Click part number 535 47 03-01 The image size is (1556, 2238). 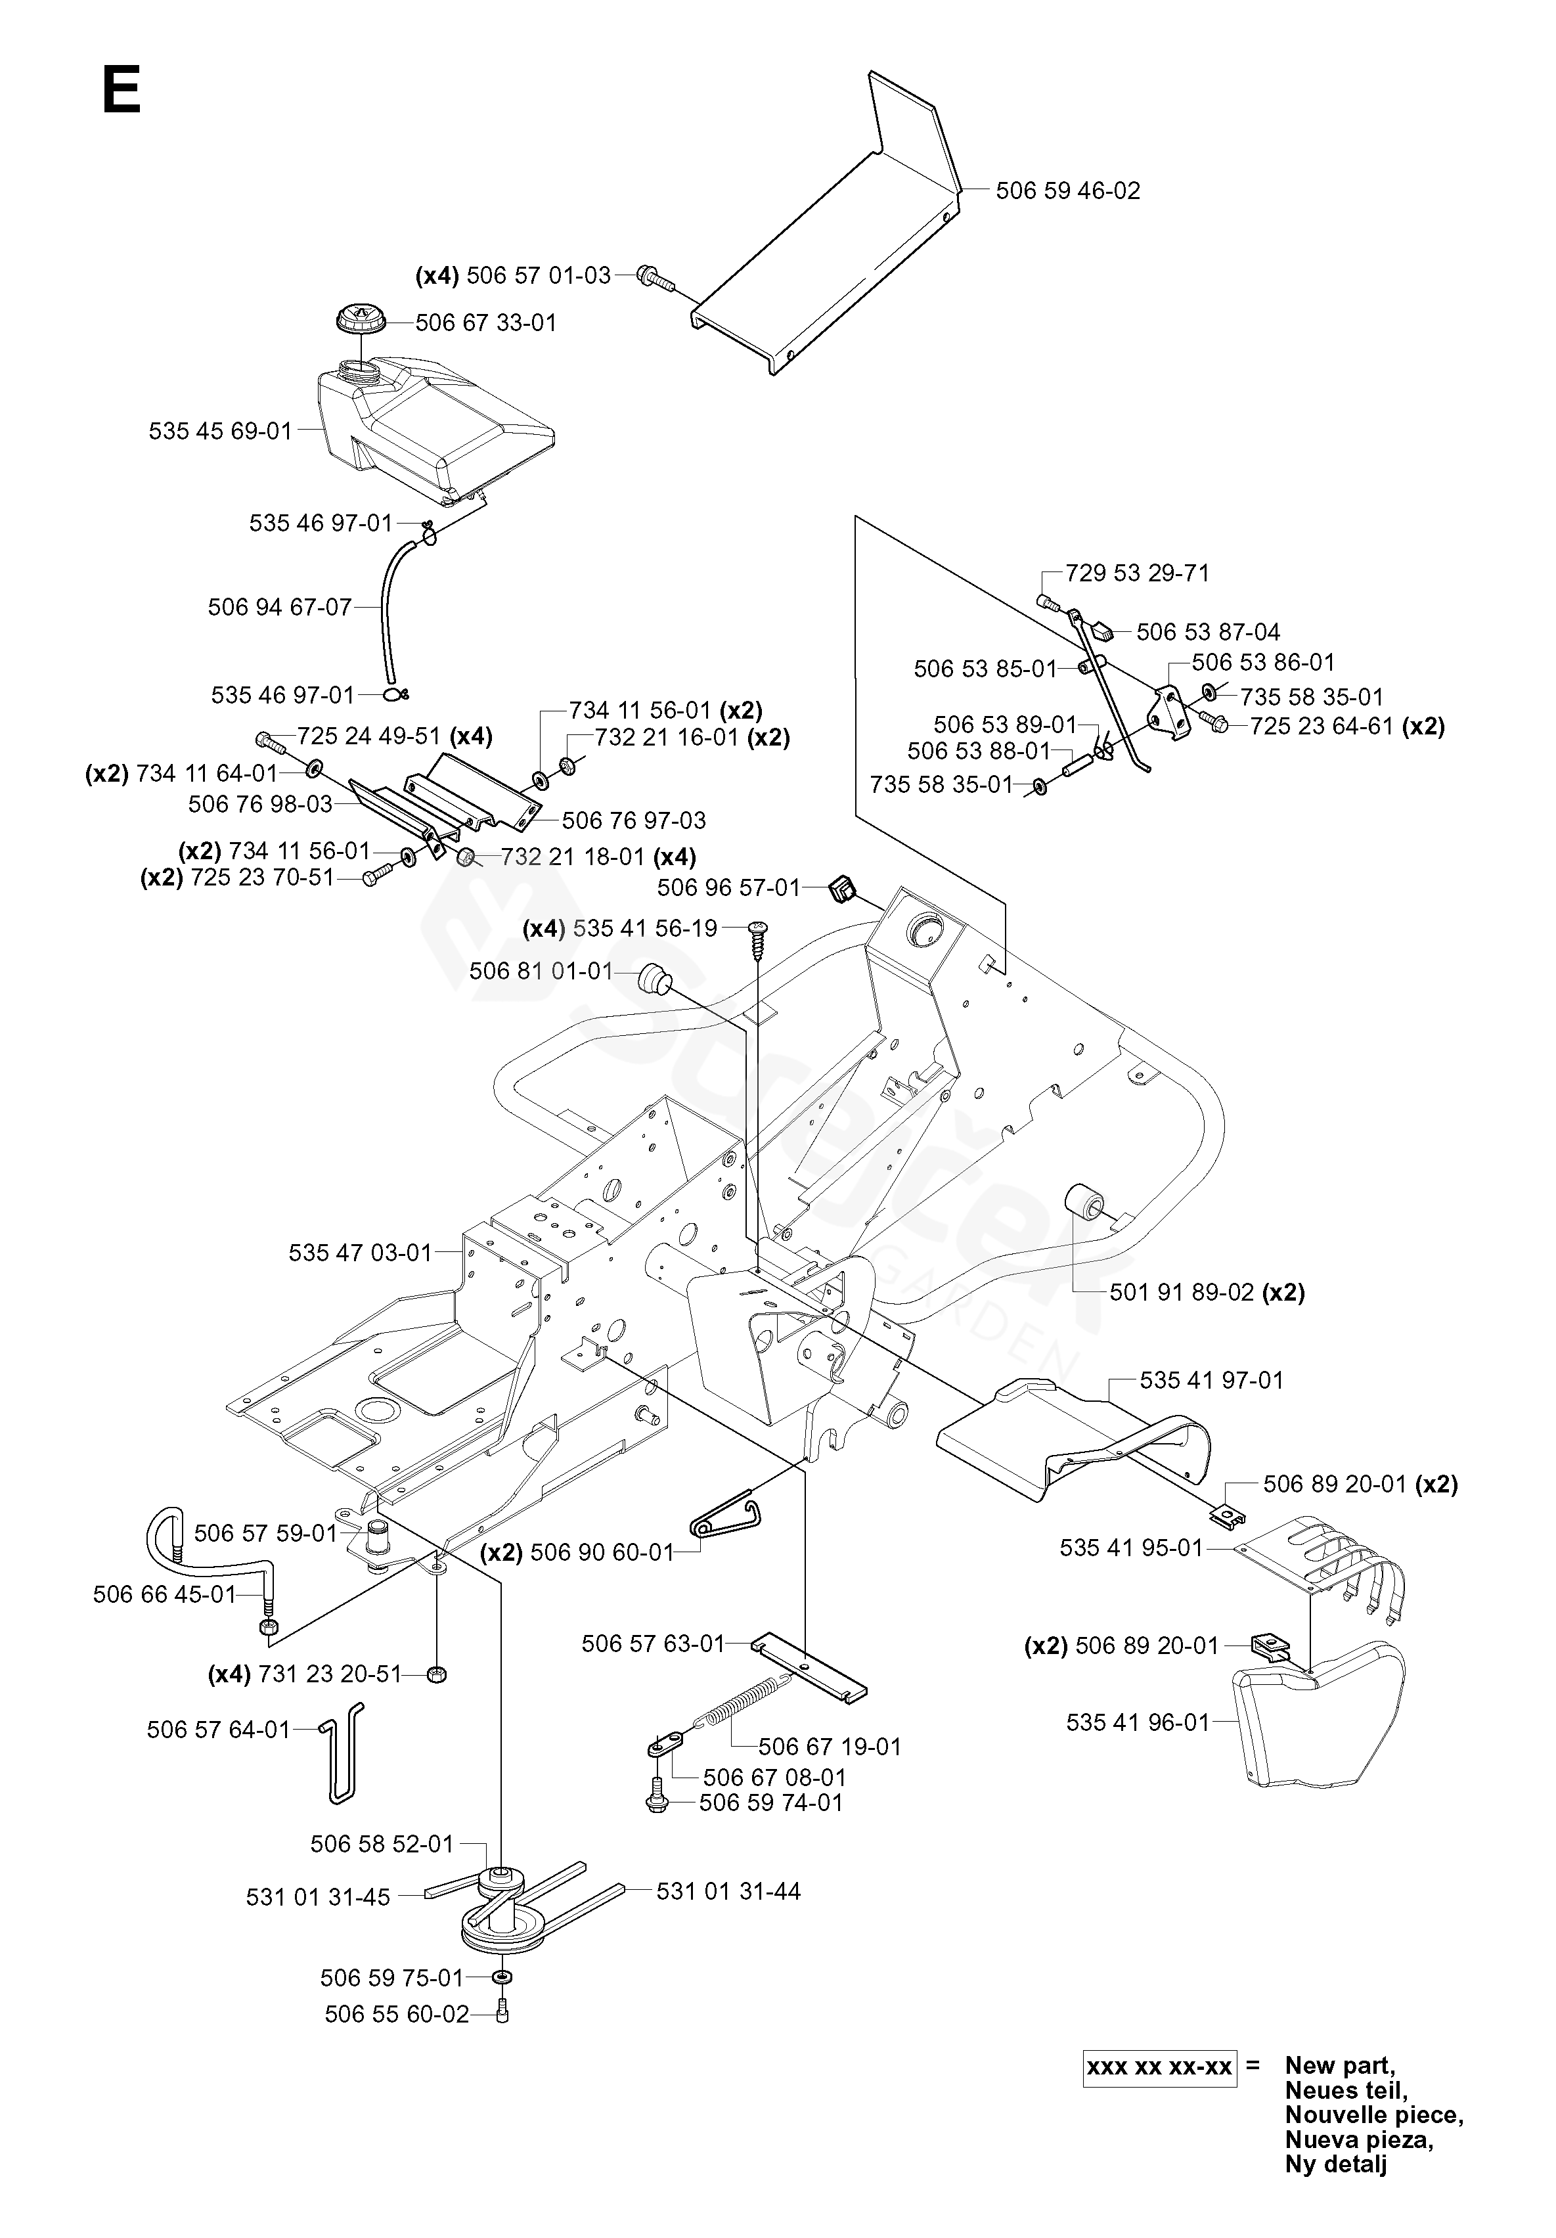pyautogui.click(x=360, y=1253)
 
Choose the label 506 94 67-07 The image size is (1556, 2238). pyautogui.click(x=280, y=607)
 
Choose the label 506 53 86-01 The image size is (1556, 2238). pyautogui.click(x=1262, y=663)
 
